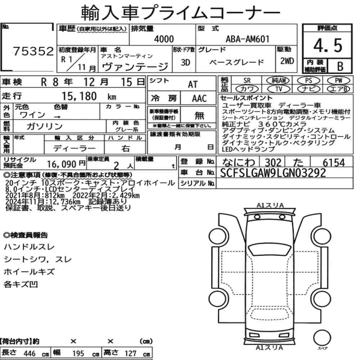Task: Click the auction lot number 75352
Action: point(33,51)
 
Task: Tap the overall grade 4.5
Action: point(328,45)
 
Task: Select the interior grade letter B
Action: point(340,66)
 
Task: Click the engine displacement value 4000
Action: point(164,39)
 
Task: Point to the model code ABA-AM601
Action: point(247,39)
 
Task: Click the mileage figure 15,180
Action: point(79,96)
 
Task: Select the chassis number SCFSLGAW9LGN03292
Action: point(273,173)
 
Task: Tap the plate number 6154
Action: point(334,163)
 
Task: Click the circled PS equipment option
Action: point(309,81)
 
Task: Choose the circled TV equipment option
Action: point(279,89)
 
